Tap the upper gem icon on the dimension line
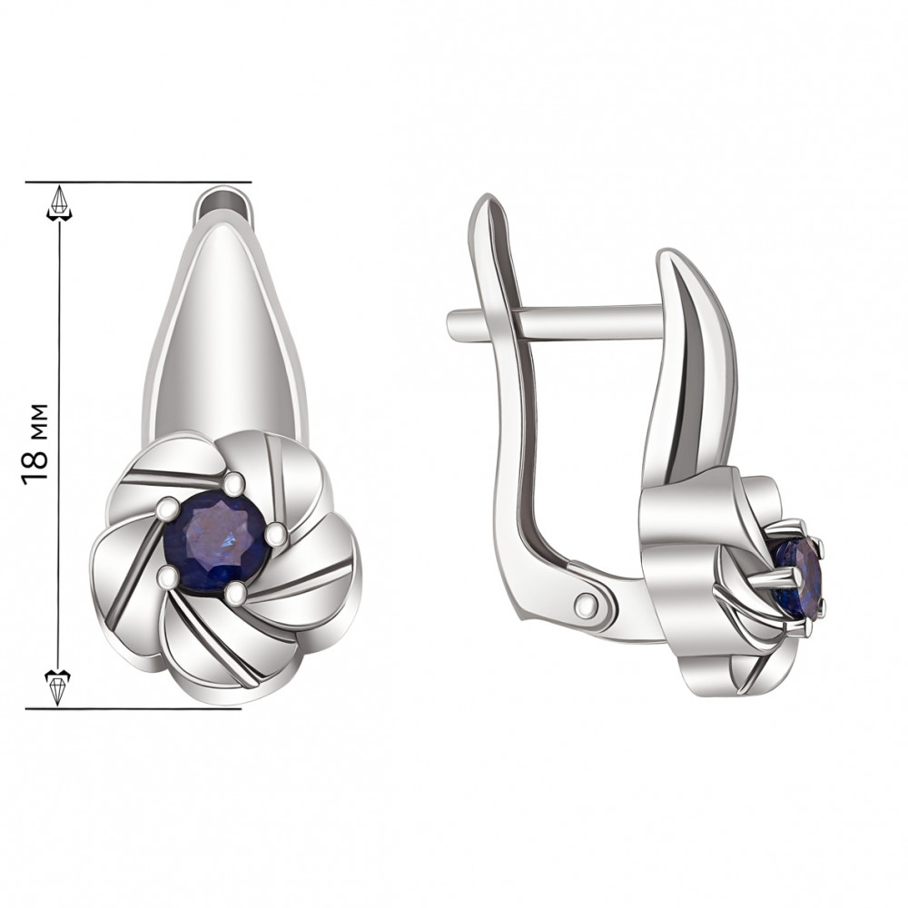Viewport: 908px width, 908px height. (59, 202)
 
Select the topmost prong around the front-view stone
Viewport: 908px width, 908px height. (234, 480)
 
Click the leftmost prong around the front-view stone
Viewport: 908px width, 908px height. (167, 508)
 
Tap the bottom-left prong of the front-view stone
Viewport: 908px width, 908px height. (169, 577)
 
